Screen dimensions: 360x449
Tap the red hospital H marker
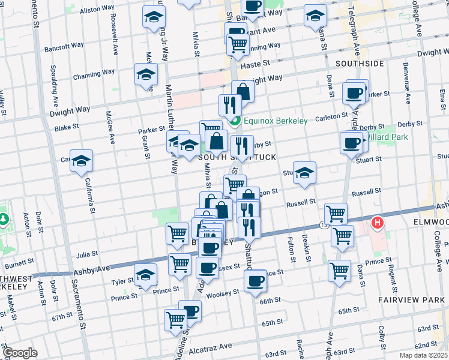(x=377, y=224)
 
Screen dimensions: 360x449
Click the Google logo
(x=20, y=352)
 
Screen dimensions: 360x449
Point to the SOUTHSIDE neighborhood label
(x=360, y=63)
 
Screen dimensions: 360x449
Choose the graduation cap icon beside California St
(x=81, y=161)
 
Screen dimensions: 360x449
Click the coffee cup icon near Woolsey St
(x=255, y=280)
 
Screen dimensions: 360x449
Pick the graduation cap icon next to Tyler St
(x=144, y=275)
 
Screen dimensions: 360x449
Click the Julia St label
(x=86, y=254)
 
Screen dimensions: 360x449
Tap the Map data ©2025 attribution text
(x=424, y=355)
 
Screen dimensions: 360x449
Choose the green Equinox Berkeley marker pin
(x=235, y=121)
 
